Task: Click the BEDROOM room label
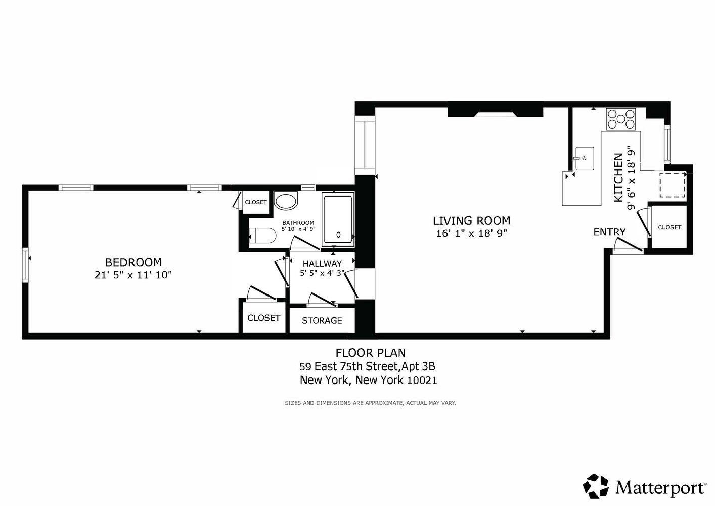click(133, 262)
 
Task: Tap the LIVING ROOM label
click(471, 221)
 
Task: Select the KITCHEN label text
click(618, 178)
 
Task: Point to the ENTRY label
click(609, 232)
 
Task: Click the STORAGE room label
click(322, 321)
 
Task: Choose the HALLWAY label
click(322, 264)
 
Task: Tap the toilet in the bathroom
click(263, 236)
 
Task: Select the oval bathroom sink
click(286, 201)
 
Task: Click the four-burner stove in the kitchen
click(621, 119)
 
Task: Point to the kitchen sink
click(584, 158)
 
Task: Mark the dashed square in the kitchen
click(672, 185)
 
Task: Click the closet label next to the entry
click(669, 228)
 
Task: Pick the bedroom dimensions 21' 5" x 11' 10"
click(133, 275)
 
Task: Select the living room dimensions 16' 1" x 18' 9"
click(471, 233)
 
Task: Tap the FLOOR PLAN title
click(370, 353)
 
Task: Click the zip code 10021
click(422, 381)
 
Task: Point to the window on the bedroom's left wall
click(25, 264)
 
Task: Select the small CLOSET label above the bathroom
click(255, 202)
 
